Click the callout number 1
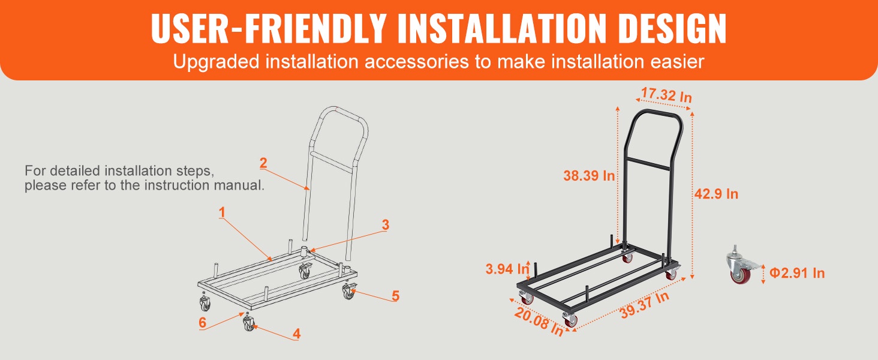coord(222,212)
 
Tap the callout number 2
coord(263,163)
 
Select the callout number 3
coord(386,225)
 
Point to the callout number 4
coord(297,334)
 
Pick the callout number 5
coord(396,296)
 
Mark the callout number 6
coord(202,322)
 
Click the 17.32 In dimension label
coord(666,95)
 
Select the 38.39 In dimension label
coord(589,176)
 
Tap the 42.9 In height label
coord(716,194)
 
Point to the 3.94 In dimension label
coord(507,269)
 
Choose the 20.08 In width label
coord(539,322)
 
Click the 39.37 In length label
coord(644,305)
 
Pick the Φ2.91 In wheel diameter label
coord(797,273)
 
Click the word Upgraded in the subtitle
coord(216,62)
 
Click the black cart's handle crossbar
coord(648,164)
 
